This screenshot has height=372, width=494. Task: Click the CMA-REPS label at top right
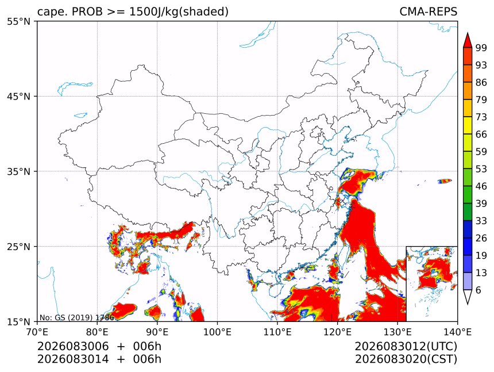pos(428,11)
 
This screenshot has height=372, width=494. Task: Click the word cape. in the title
pos(53,12)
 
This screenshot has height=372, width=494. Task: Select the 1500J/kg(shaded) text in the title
pos(179,12)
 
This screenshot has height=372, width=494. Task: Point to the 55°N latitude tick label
pos(18,21)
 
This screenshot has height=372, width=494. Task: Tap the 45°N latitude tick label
pos(18,96)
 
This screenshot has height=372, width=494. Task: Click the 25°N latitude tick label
pos(18,246)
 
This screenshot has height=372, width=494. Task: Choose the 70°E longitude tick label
pos(37,332)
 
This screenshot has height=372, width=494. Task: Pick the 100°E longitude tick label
pos(217,332)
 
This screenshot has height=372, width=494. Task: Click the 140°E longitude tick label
pos(457,332)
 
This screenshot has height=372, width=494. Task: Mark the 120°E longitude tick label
pos(337,332)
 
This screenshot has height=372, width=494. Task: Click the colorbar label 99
pos(481,48)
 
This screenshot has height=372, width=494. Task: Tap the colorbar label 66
pos(481,135)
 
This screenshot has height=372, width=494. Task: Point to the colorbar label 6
pos(478,290)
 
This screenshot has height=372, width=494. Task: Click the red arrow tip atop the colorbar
pos(468,33)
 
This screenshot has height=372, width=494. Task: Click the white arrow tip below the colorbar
pos(468,304)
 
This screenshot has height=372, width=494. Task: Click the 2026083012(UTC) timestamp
pos(406,347)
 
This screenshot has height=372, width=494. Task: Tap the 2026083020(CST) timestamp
pos(406,359)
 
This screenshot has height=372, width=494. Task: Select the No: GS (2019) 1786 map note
pos(76,317)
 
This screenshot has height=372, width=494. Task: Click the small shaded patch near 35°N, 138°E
pos(445,181)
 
